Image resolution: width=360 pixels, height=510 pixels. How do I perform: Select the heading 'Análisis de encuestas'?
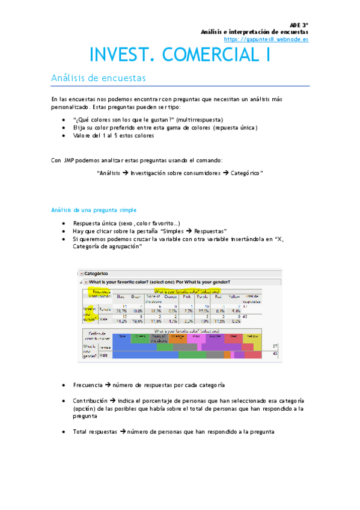[x=97, y=78]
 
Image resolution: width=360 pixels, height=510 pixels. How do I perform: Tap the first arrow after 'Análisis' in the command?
[x=125, y=173]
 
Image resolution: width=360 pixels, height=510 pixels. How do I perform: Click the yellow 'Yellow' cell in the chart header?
[x=253, y=337]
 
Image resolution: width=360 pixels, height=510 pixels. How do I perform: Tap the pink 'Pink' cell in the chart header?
[x=197, y=337]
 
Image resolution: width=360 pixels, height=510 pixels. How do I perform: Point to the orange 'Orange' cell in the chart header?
[x=178, y=337]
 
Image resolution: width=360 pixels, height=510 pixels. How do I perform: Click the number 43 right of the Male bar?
[x=274, y=354]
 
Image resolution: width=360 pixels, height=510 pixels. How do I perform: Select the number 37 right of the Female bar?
[x=274, y=346]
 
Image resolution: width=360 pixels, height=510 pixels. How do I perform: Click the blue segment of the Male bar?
[x=145, y=354]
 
